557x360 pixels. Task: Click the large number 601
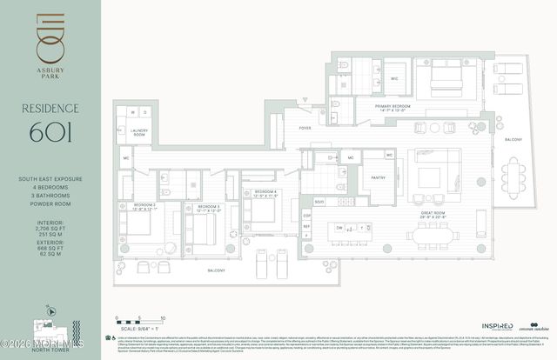click(50, 133)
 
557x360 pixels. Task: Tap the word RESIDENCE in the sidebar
click(50, 109)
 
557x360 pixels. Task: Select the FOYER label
click(305, 127)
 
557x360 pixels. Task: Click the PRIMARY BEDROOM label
click(393, 108)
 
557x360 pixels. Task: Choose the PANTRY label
click(378, 177)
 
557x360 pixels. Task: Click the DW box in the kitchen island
click(340, 228)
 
